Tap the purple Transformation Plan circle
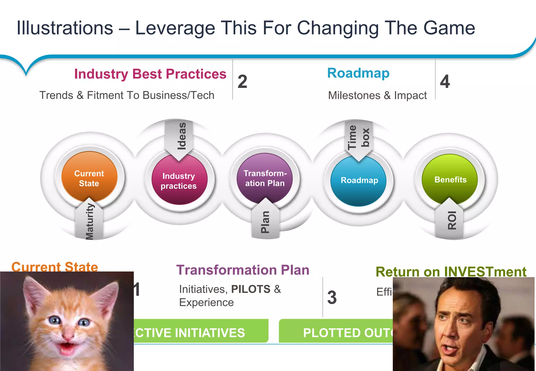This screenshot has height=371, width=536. coord(265,178)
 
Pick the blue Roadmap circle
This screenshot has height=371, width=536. coord(359,181)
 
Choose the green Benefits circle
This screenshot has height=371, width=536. coord(450,179)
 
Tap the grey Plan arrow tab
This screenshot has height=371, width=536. coord(265,221)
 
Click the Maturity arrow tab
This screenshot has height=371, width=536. coord(89,221)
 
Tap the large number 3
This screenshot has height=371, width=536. coord(332,297)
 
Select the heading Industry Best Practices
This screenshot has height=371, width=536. coord(150,74)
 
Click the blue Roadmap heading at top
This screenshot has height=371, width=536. coord(358,73)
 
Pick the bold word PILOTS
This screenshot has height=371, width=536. coord(251,289)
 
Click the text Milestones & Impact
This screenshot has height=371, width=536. coord(377,95)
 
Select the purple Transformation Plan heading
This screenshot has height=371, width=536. coord(243,270)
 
